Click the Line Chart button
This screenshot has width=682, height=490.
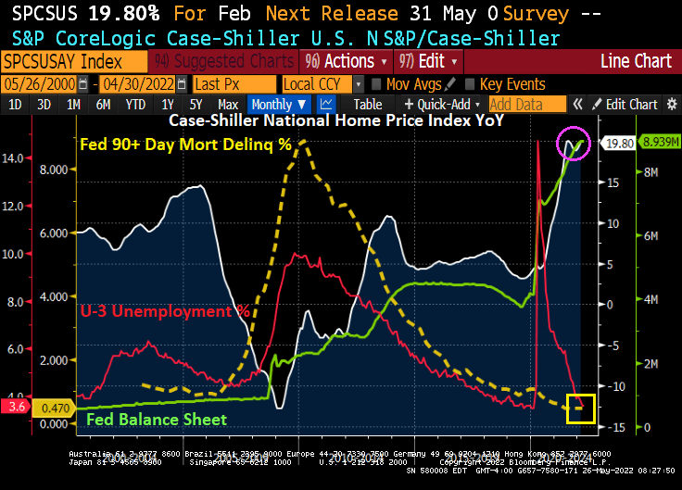(x=635, y=61)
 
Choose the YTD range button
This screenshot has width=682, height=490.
(x=136, y=105)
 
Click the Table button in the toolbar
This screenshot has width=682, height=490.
(x=367, y=105)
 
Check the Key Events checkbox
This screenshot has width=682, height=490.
(x=469, y=83)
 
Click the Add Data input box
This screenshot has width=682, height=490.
(x=526, y=105)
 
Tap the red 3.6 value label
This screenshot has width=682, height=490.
(x=16, y=406)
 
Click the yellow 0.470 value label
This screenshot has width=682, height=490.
(x=57, y=406)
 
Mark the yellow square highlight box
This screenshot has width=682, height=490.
(x=581, y=408)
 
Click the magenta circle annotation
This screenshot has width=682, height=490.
(x=574, y=144)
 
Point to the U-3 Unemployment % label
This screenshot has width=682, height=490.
(x=164, y=311)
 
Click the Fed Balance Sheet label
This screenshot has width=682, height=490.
(x=156, y=419)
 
